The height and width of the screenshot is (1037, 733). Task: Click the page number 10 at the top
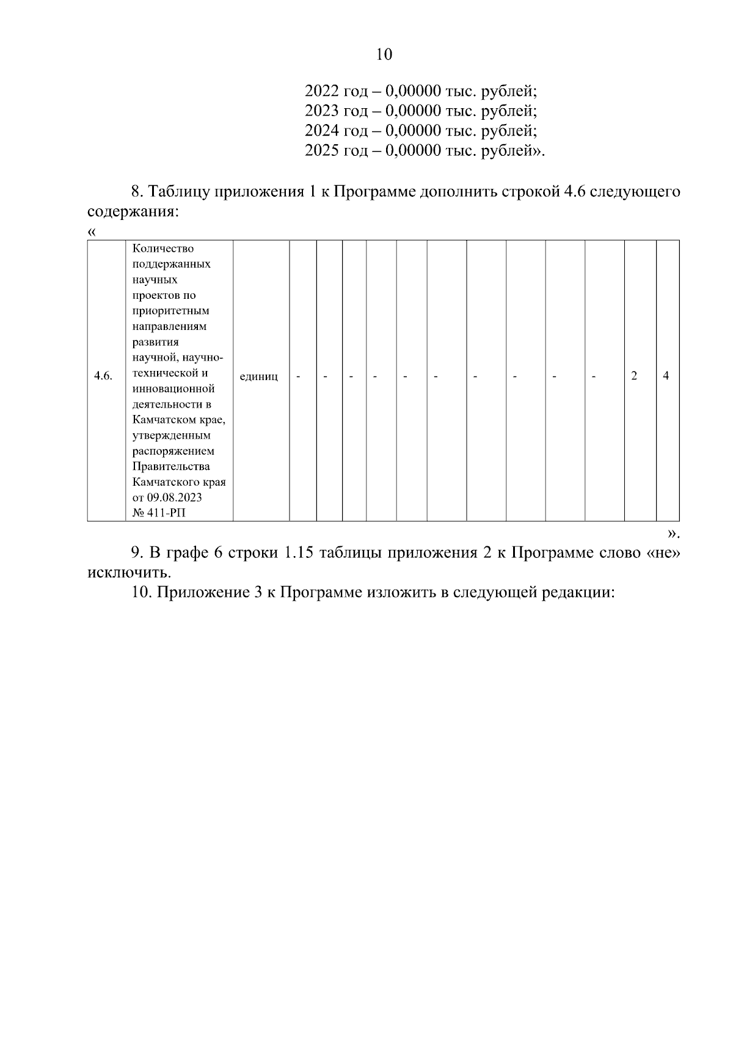point(384,55)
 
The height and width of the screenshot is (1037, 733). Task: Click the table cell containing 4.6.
point(103,376)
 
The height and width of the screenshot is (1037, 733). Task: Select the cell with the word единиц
point(259,376)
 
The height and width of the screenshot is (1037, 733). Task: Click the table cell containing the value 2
point(634,376)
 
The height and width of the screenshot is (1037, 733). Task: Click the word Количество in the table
point(163,249)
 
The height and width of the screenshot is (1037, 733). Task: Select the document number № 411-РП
point(159,513)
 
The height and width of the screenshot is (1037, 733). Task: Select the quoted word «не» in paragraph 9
point(663,553)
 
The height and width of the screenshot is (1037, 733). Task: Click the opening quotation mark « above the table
point(92,232)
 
